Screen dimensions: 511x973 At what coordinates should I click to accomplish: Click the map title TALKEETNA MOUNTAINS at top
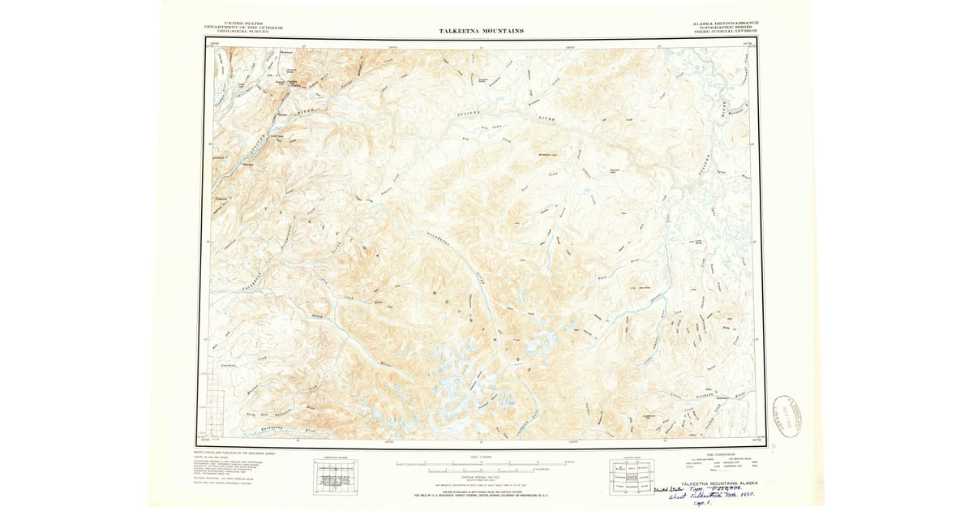(481, 31)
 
